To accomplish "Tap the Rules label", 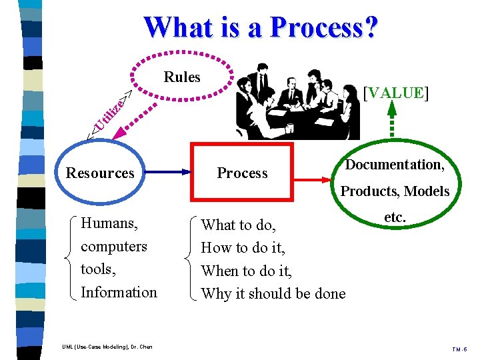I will (182, 77).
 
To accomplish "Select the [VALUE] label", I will (396, 93).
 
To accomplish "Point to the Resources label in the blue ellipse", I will (100, 173).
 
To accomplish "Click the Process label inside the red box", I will (242, 173).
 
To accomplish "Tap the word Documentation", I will (393, 165).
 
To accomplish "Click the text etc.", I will (395, 217).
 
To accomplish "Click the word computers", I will (113, 246).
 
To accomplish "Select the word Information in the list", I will (119, 292).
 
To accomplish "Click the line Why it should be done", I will (273, 293).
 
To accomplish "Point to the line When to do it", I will (247, 271).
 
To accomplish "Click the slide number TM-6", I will (459, 348).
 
